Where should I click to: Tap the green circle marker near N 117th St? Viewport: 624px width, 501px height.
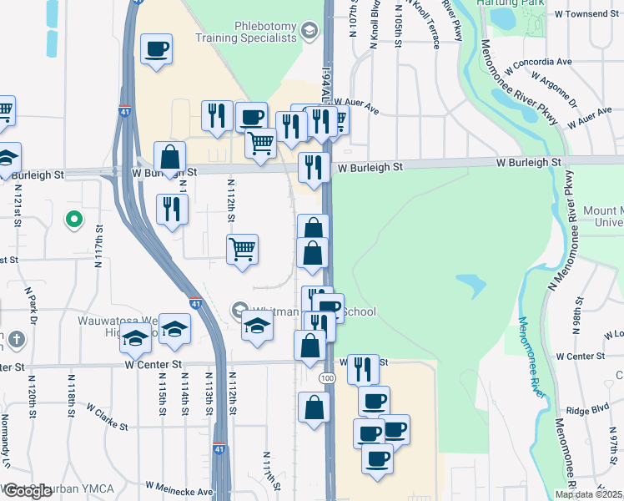pos(74,220)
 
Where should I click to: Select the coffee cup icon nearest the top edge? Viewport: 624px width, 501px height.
pos(156,50)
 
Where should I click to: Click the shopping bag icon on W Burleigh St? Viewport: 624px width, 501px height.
pos(169,157)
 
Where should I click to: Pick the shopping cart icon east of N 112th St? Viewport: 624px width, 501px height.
pos(242,248)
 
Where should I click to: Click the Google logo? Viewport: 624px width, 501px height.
pos(27,491)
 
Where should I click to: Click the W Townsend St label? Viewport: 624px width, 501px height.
pos(588,15)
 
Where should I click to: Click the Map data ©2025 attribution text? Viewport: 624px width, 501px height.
pos(589,494)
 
